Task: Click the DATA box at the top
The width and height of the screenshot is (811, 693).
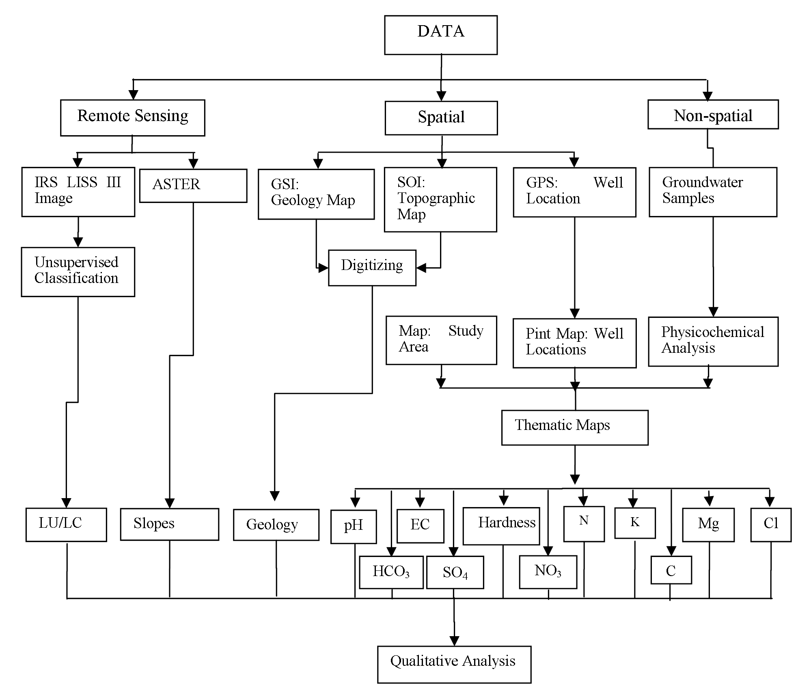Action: (441, 35)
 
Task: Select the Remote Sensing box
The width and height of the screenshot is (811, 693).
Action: (132, 118)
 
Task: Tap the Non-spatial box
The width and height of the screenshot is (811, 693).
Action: (713, 114)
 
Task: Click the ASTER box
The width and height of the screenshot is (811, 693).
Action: (193, 186)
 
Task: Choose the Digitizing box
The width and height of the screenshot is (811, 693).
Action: (372, 268)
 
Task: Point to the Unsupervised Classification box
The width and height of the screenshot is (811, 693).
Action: (78, 272)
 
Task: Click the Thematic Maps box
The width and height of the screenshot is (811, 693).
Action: (574, 427)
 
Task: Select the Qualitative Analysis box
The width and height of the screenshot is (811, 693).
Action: (454, 665)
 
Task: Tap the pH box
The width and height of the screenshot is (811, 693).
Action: (353, 526)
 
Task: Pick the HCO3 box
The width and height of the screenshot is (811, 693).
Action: (391, 572)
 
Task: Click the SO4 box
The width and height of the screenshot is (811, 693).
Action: (455, 572)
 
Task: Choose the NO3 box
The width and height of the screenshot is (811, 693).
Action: (548, 572)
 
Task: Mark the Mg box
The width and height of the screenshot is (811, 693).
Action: (708, 524)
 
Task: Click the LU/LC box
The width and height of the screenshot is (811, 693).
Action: (66, 524)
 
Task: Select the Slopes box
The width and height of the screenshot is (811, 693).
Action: (169, 524)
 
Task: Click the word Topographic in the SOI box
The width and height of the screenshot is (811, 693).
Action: (436, 198)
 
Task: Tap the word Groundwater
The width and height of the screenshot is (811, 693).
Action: (702, 182)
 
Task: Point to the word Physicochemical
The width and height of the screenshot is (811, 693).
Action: (712, 332)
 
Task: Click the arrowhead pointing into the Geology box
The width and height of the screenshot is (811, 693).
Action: (275, 496)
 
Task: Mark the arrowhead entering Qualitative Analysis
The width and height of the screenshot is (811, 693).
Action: (454, 641)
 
